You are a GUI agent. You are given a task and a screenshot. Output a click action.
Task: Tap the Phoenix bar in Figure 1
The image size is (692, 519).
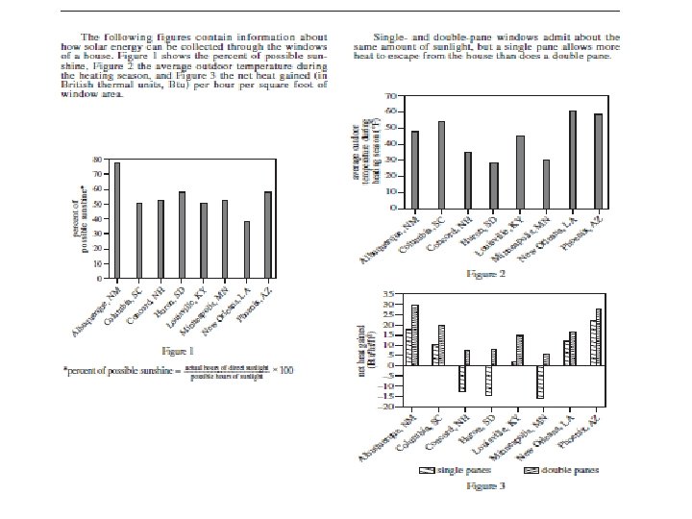pyautogui.click(x=266, y=231)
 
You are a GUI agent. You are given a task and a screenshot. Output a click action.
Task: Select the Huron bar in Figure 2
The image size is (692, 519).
pyautogui.click(x=494, y=185)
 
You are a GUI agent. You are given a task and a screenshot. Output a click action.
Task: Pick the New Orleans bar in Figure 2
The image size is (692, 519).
pyautogui.click(x=573, y=159)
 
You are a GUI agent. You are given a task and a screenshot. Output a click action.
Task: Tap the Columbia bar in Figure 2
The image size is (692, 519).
pyautogui.click(x=441, y=164)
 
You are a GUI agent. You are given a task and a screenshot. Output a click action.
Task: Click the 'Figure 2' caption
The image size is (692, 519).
pyautogui.click(x=485, y=274)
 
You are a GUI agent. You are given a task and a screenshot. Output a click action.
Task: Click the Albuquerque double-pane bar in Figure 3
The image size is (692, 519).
pyautogui.click(x=415, y=334)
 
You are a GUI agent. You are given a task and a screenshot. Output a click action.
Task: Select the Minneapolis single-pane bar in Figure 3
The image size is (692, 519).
pyautogui.click(x=540, y=382)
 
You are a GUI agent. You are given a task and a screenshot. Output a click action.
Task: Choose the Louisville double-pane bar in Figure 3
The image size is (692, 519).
pyautogui.click(x=520, y=350)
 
